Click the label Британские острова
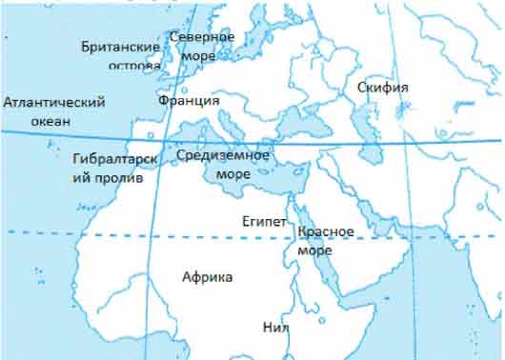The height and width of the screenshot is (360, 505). coord(121,55)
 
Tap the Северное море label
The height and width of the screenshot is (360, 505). coord(201,45)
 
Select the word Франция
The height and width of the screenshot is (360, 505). coord(189,100)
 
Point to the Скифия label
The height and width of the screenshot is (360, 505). coord(382,88)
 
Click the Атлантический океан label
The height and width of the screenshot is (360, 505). coord(53,110)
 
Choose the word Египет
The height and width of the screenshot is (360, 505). coord(264,220)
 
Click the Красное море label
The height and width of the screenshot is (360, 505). coord(326,240)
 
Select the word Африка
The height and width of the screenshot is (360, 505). coord(207,276)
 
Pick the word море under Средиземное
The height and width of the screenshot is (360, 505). coord(233,174)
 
